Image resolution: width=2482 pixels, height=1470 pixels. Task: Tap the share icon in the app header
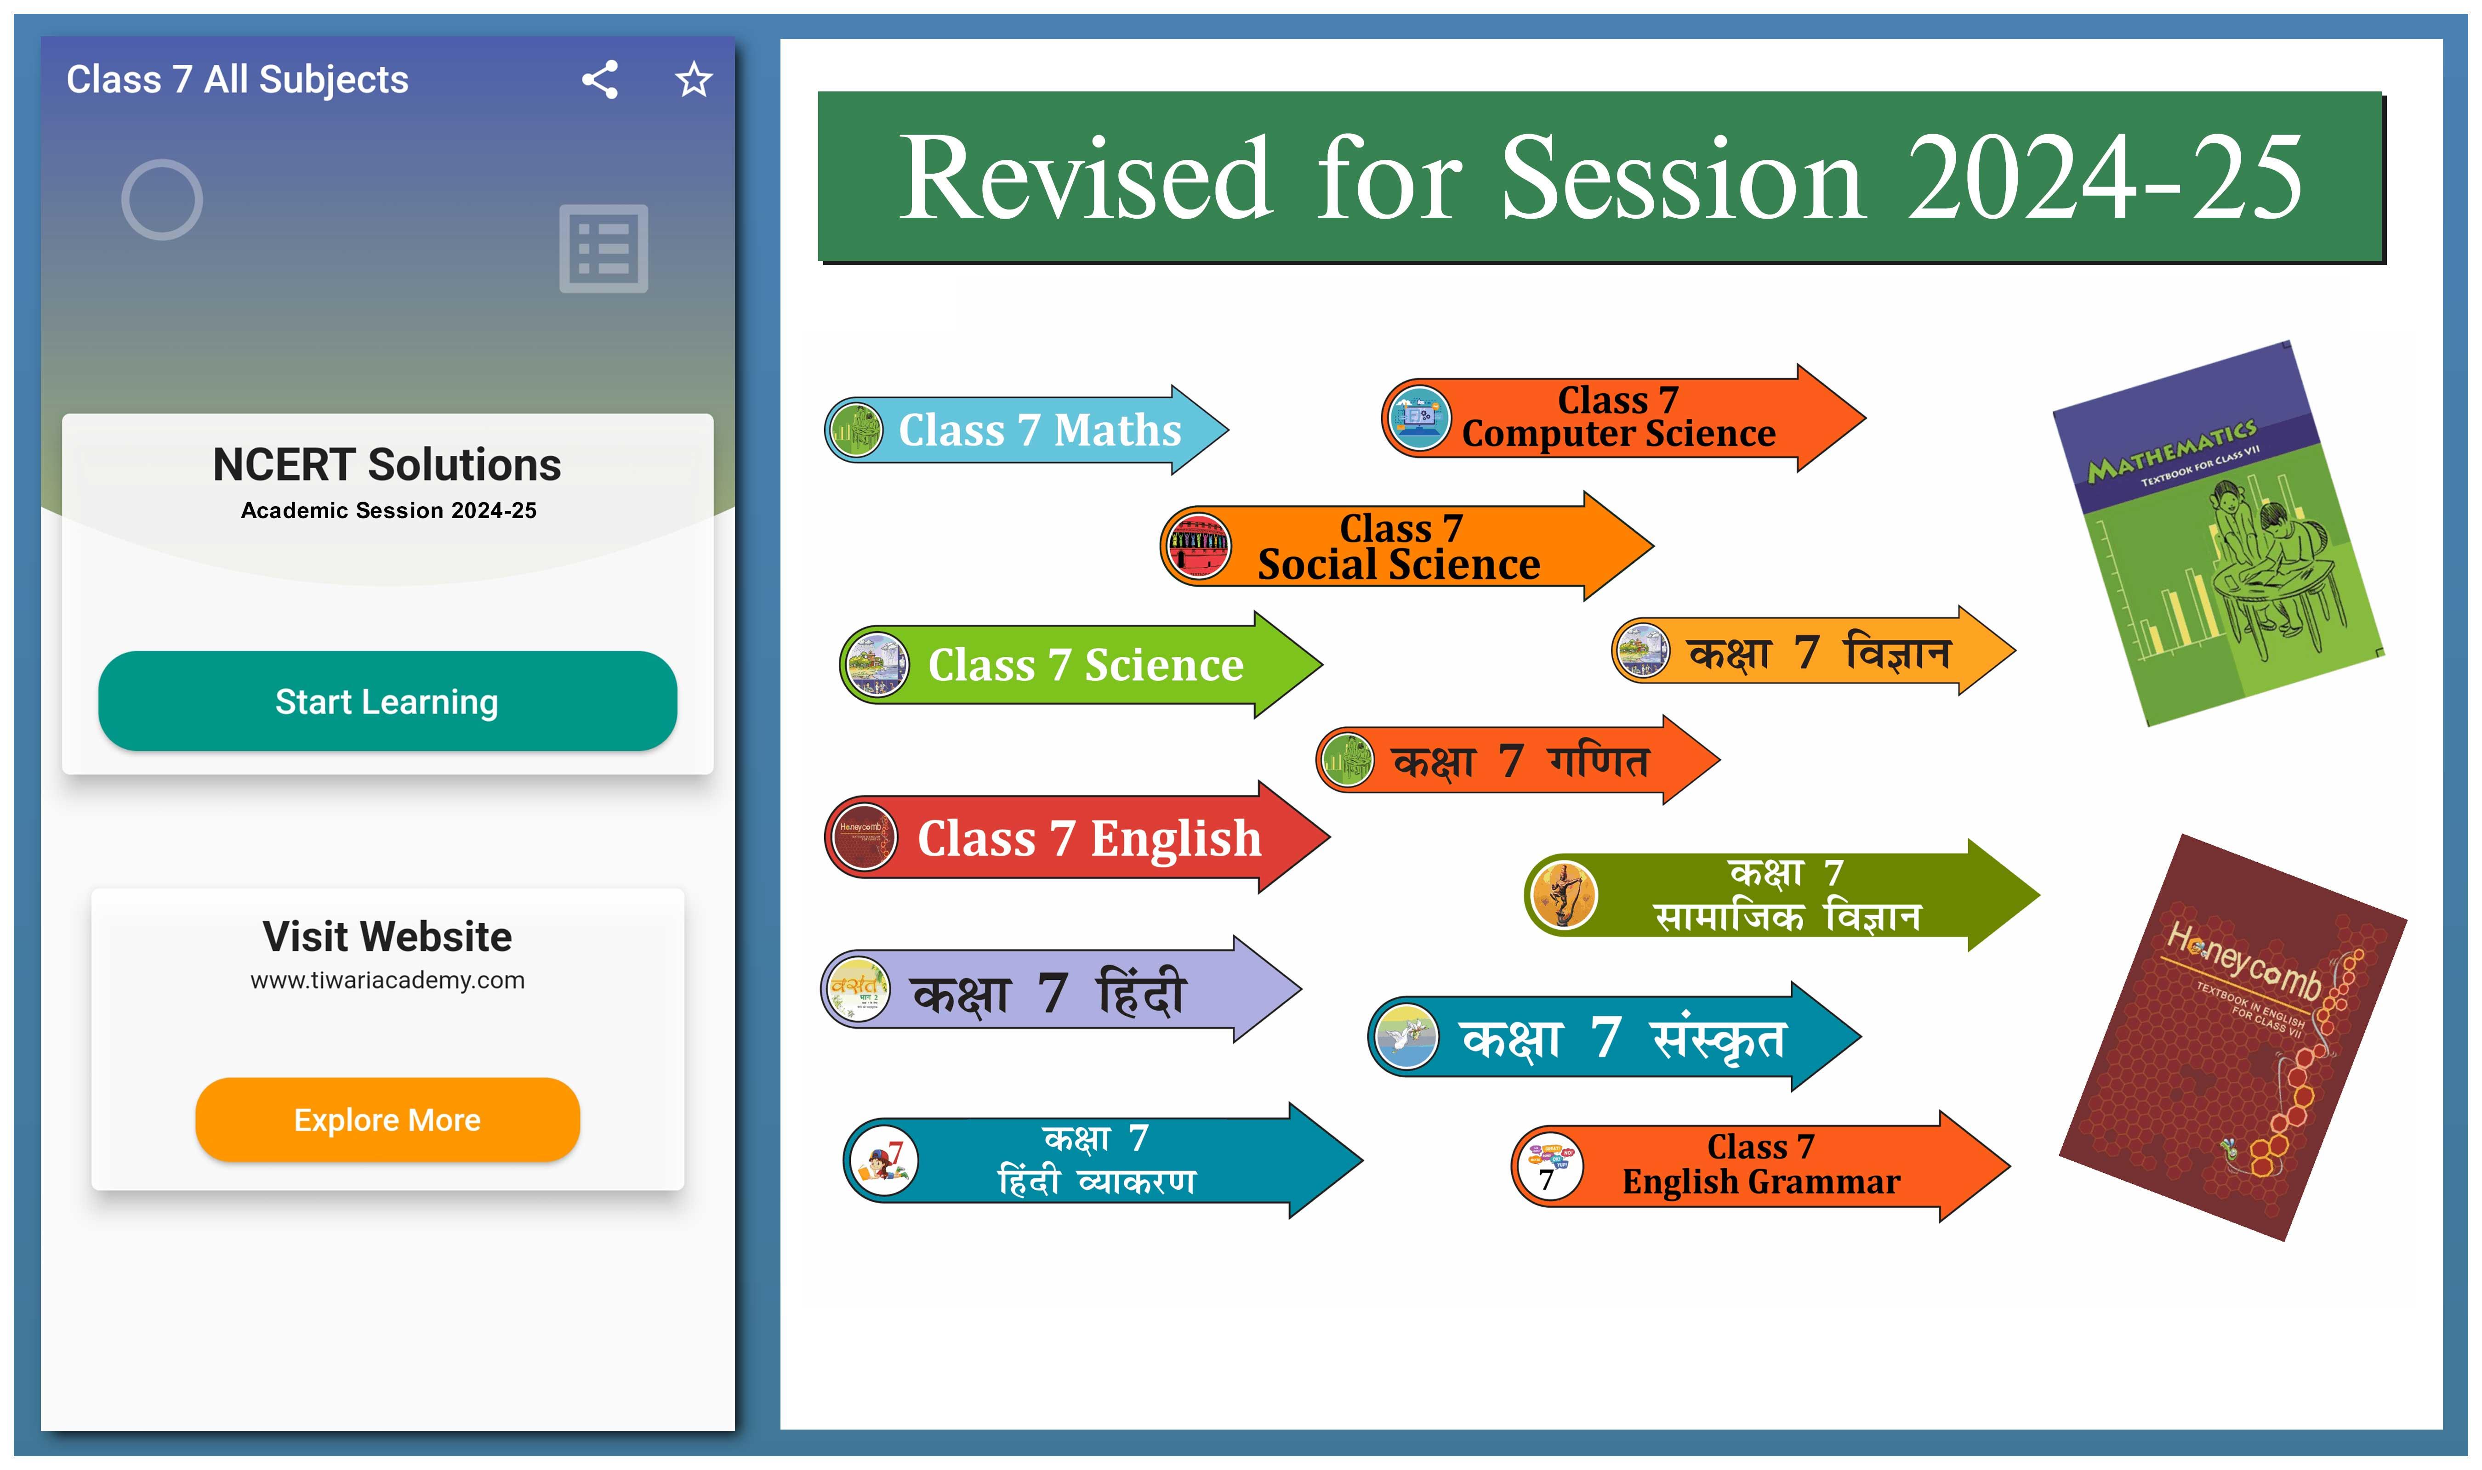(x=599, y=79)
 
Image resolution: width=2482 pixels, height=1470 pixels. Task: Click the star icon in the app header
(x=694, y=79)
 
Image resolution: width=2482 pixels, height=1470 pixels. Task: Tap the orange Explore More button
(x=387, y=1119)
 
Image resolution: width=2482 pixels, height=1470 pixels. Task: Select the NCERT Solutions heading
(x=387, y=464)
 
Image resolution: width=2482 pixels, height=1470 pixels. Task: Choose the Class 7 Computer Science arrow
(x=1623, y=418)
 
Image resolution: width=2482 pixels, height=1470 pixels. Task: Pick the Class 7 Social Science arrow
(x=1407, y=546)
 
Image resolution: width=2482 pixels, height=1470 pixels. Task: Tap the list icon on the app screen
(x=603, y=249)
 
